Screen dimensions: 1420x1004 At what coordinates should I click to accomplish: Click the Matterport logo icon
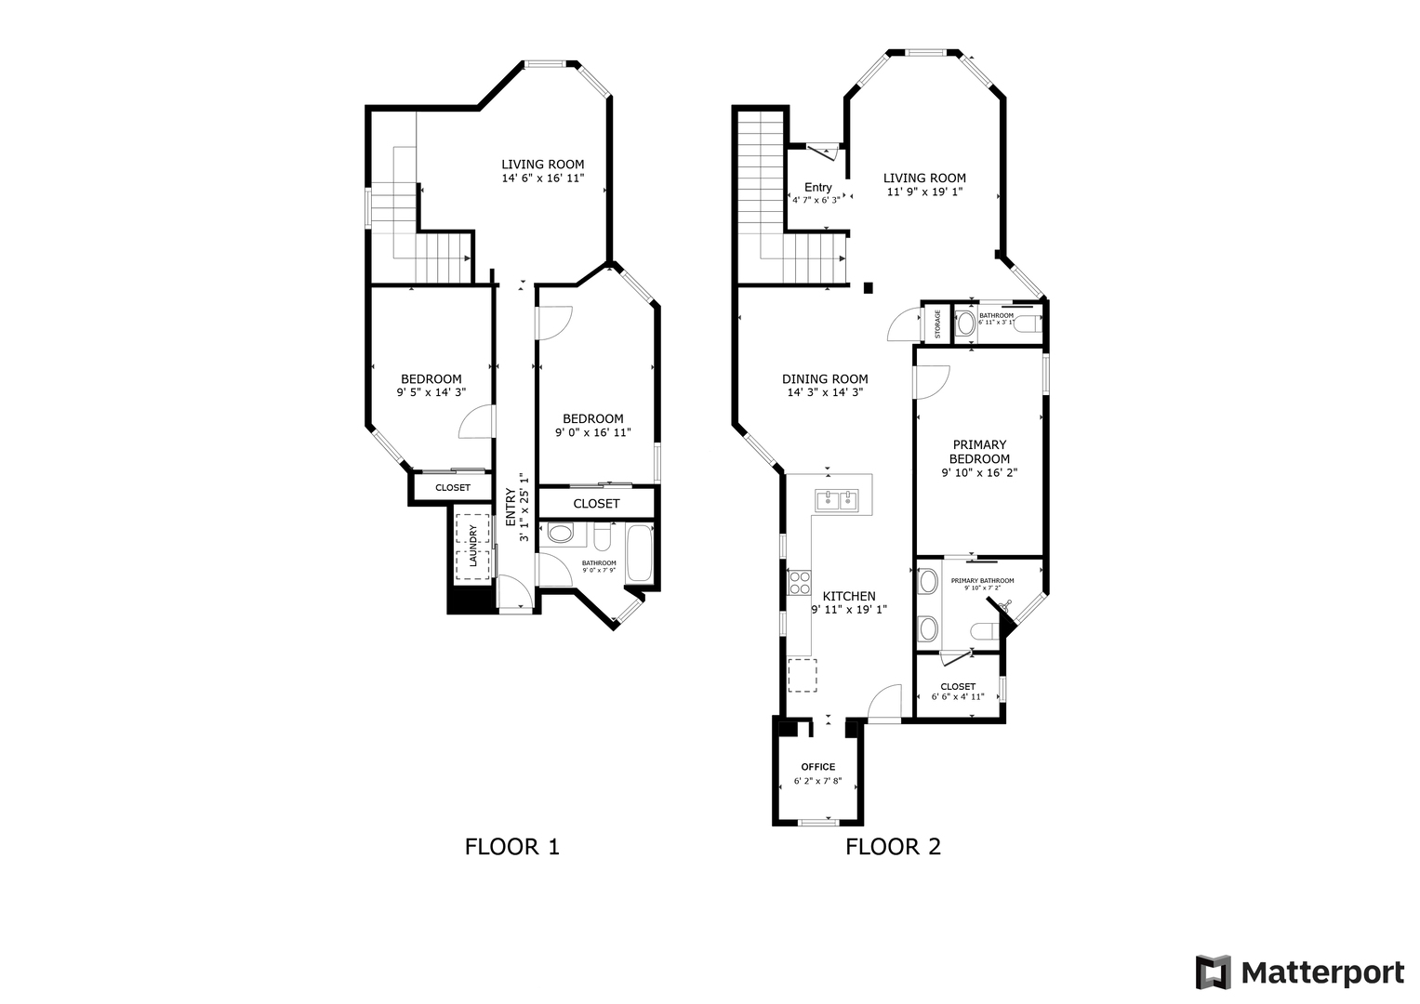click(1213, 971)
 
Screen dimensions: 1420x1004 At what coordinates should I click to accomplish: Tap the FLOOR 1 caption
click(512, 847)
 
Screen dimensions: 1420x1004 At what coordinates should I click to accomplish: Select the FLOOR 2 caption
click(893, 847)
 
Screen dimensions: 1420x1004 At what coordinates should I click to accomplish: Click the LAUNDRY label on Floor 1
click(472, 546)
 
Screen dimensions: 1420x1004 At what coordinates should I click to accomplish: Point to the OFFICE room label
click(817, 767)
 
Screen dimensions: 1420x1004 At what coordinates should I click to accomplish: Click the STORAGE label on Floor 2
click(937, 324)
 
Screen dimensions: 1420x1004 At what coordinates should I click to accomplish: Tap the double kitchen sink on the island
click(837, 501)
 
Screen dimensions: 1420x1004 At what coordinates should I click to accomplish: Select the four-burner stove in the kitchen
click(800, 583)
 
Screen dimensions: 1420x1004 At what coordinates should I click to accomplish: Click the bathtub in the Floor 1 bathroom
click(639, 553)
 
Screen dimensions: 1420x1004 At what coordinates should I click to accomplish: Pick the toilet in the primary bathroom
click(985, 631)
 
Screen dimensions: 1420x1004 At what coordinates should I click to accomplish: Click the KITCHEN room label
click(849, 597)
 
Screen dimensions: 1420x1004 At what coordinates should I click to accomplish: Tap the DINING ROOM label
click(825, 379)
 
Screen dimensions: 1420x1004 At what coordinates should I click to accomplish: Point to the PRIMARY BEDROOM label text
click(979, 452)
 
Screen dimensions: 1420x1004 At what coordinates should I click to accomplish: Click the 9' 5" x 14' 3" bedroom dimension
click(431, 392)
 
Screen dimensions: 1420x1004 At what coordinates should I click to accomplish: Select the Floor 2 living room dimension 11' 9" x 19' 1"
click(925, 192)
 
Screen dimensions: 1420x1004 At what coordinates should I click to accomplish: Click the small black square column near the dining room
click(869, 288)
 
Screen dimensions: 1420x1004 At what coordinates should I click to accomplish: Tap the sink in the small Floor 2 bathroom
click(965, 324)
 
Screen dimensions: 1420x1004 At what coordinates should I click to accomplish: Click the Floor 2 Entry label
click(817, 188)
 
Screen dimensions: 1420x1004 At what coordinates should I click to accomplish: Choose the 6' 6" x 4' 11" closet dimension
click(957, 696)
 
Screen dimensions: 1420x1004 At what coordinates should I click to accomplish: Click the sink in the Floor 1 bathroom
click(560, 533)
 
